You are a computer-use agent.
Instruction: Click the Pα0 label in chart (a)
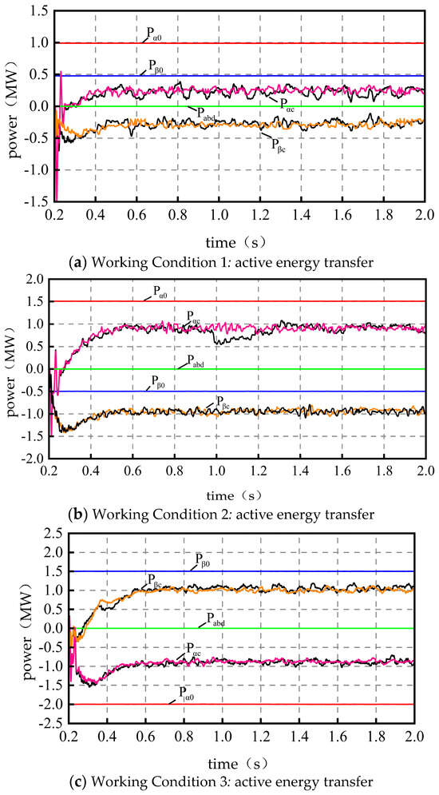tap(154, 34)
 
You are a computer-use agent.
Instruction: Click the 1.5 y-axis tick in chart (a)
tap(36, 11)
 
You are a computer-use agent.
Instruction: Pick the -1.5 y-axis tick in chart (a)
tap(34, 203)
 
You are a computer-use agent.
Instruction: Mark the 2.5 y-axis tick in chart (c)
tap(36, 533)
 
